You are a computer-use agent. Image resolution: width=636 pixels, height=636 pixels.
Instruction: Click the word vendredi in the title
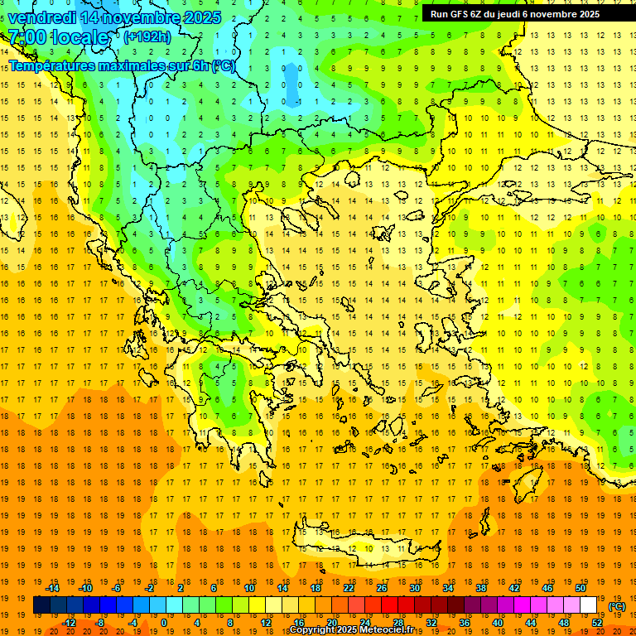click(x=42, y=17)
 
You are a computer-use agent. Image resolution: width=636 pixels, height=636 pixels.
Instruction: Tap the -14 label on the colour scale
click(x=53, y=588)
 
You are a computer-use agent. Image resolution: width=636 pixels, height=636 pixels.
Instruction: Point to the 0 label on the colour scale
click(x=163, y=623)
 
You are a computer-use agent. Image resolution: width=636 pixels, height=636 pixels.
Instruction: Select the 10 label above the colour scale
click(x=248, y=588)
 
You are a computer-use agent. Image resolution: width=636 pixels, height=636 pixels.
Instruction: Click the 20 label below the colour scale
click(x=332, y=623)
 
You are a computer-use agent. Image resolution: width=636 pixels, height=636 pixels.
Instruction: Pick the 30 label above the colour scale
click(x=414, y=588)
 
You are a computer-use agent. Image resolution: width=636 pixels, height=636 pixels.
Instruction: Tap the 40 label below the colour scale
click(x=497, y=623)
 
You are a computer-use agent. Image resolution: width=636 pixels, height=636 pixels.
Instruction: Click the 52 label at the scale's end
click(x=597, y=623)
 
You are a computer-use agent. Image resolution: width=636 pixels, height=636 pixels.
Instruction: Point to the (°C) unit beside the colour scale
click(x=617, y=606)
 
